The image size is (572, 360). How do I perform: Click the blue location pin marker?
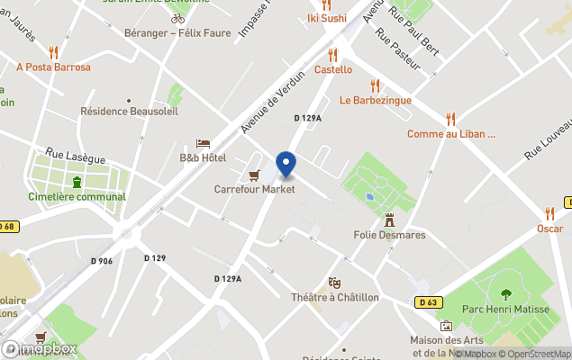[286, 165]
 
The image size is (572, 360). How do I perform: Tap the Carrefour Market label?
[254, 189]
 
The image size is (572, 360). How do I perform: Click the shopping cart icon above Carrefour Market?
[254, 175]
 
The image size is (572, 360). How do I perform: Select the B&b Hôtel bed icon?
[203, 144]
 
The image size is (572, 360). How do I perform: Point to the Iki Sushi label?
[326, 17]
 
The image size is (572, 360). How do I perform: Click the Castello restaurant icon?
[333, 54]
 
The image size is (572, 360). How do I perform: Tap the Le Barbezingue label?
[375, 100]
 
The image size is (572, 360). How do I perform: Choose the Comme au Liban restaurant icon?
[450, 119]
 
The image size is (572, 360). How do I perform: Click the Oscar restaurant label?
[549, 229]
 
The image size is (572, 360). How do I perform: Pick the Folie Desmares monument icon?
[389, 220]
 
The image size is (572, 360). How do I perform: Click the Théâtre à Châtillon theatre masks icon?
[335, 283]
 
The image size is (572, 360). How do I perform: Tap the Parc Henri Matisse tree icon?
[505, 293]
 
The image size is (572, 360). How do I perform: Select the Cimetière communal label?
[77, 196]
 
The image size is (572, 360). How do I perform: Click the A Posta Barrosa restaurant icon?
[54, 52]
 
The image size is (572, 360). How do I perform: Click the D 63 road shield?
[426, 301]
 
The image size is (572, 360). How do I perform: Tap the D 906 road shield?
[102, 261]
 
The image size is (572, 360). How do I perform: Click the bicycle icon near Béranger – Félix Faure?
[177, 18]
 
